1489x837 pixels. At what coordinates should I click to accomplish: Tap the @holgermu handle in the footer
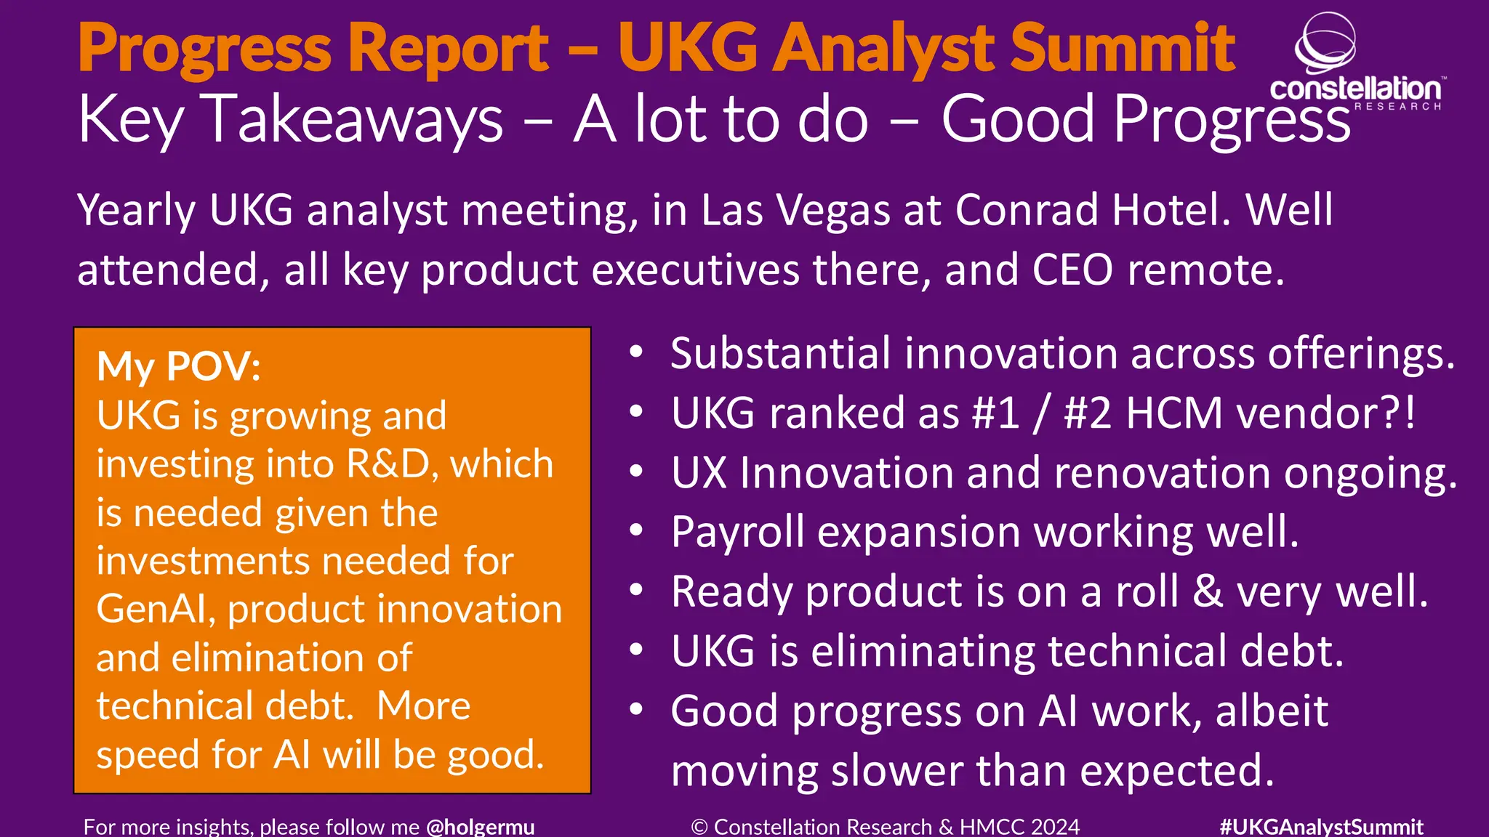tap(480, 827)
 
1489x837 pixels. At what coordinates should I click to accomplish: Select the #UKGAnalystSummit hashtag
tap(1321, 827)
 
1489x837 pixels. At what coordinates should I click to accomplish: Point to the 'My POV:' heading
tap(179, 366)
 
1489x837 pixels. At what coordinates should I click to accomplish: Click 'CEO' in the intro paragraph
tap(1072, 270)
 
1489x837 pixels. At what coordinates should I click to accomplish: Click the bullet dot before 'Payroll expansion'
tap(636, 531)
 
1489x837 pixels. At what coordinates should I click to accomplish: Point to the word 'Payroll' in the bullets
tap(737, 533)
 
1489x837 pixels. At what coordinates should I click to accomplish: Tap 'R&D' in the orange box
tap(390, 464)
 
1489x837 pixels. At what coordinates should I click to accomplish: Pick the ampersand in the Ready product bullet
tap(1207, 591)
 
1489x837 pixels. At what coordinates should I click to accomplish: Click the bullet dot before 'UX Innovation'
tap(636, 472)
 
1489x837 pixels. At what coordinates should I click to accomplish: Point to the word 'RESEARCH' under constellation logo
tap(1397, 107)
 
